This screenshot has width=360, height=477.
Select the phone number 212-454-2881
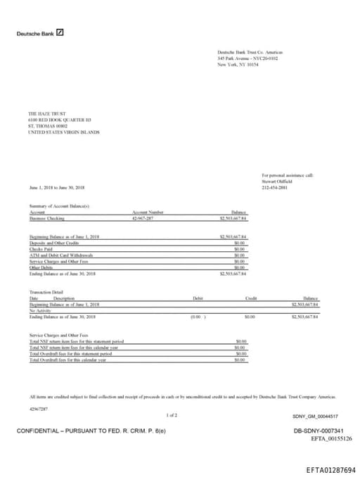coord(275,187)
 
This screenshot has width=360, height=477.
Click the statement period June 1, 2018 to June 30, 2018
coord(57,187)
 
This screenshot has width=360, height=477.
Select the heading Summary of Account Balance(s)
coord(59,205)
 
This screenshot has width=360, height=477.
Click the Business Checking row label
coord(46,219)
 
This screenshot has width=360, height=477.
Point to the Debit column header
coord(198,298)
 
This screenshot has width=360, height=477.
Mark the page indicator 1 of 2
coord(172,415)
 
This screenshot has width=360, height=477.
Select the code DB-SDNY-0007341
coord(318,431)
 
